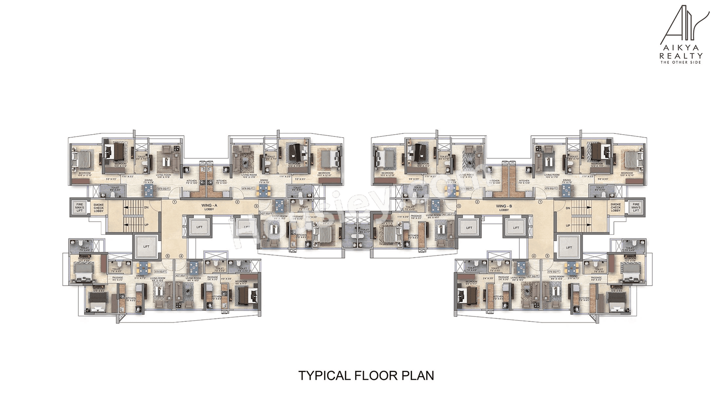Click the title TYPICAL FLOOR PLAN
point(366,376)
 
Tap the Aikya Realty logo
point(681,34)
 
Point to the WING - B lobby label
point(504,208)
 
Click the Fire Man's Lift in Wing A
point(80,208)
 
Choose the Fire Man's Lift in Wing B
point(636,208)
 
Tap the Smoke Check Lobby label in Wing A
point(99,208)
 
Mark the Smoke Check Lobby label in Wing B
point(615,208)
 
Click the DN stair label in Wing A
point(146,208)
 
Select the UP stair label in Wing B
point(568,226)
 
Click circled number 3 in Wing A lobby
point(256,206)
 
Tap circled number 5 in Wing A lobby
point(167,256)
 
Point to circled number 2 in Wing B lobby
point(477,202)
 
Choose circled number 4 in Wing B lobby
point(534,256)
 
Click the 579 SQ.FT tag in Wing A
point(161,272)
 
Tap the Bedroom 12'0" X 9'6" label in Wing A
point(84,260)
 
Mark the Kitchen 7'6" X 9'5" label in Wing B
point(584,299)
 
